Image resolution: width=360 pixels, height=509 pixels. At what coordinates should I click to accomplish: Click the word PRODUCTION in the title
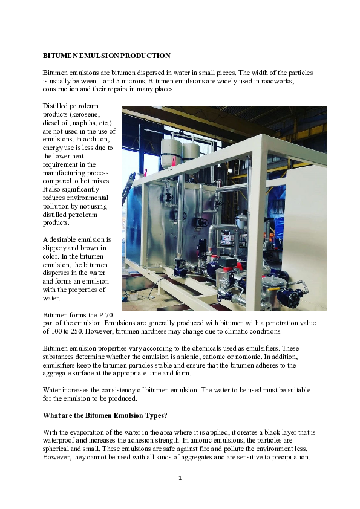coord(142,56)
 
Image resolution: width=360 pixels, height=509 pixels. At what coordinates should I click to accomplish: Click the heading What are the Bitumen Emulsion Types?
coord(105,415)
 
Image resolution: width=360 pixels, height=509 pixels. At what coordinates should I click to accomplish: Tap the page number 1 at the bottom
coord(180,478)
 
